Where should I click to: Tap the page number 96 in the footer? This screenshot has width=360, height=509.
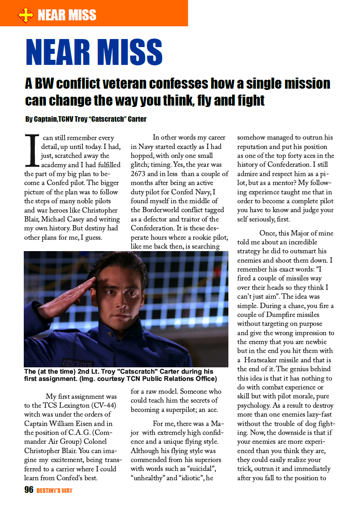(x=29, y=490)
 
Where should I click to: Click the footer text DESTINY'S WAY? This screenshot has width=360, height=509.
(x=54, y=491)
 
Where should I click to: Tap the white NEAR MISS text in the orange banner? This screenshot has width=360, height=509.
(x=67, y=16)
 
